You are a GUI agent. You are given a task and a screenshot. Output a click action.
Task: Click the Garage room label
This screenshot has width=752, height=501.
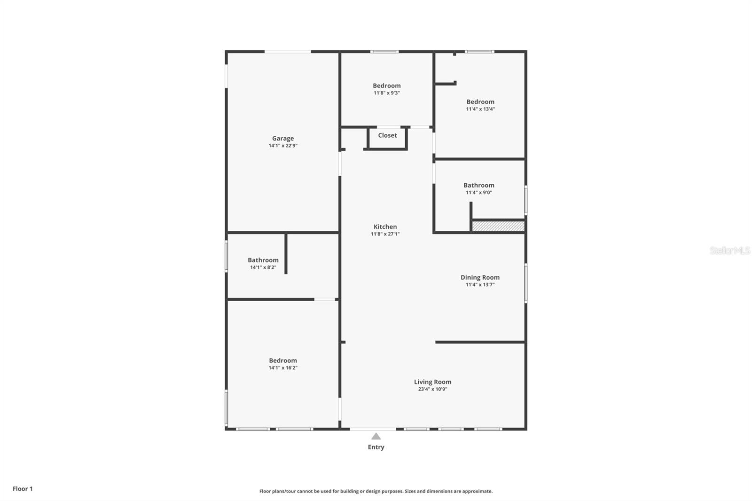283,138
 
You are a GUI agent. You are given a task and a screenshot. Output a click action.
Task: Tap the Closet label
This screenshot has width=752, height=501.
387,135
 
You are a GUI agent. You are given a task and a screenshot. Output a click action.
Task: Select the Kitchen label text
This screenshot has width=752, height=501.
385,227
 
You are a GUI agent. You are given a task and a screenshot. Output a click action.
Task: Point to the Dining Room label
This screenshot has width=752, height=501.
480,277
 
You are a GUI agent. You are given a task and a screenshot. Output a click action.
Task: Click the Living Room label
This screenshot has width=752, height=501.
432,382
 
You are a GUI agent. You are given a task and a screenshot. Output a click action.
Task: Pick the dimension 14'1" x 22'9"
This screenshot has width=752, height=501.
283,146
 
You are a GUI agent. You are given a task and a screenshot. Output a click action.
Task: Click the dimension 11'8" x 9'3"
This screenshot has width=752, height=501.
386,93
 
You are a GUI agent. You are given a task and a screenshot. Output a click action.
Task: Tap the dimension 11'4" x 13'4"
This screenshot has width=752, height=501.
480,109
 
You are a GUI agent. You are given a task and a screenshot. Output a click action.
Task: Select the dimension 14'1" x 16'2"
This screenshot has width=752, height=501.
283,368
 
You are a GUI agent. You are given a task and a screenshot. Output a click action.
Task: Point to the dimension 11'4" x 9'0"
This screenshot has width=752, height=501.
478,193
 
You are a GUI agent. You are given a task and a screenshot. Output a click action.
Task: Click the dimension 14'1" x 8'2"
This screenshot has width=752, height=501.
263,267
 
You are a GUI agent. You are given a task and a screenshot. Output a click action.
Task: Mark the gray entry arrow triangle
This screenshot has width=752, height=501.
376,437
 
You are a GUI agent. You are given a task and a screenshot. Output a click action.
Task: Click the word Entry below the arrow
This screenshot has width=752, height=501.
376,447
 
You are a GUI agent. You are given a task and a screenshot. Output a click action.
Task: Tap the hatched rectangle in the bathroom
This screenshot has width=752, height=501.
498,227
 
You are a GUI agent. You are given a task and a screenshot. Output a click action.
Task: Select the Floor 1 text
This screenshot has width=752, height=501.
23,489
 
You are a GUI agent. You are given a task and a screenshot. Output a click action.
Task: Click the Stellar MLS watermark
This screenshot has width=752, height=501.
730,250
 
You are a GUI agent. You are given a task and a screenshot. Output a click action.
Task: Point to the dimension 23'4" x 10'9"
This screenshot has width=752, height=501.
432,389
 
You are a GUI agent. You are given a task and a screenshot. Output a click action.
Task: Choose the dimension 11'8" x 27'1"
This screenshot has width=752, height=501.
385,234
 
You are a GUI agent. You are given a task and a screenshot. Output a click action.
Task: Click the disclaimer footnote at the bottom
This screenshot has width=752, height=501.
376,491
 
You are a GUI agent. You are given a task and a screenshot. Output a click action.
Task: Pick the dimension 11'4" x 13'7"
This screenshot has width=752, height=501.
480,285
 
